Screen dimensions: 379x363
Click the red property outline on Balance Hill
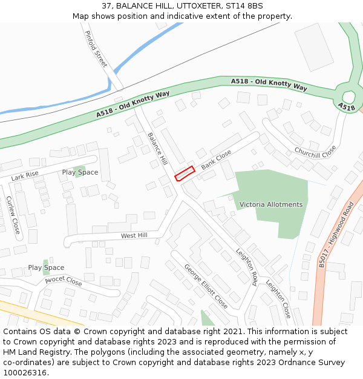pos(184,173)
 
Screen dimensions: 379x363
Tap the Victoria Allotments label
pos(270,204)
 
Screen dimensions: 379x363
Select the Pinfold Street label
pos(96,49)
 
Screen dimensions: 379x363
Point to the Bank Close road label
pos(216,159)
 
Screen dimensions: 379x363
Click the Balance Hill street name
pos(157,149)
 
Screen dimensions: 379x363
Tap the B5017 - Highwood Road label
pos(336,235)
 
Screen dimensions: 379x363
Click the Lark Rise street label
pos(25,176)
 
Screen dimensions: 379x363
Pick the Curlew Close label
pos(13,215)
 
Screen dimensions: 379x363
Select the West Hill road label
pos(134,235)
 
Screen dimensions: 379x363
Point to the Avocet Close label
pos(63,281)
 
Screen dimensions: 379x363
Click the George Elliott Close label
pos(206,286)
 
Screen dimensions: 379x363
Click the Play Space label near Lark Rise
pos(80,173)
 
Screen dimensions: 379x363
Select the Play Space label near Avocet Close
pos(46,267)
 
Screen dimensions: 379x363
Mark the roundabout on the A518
pos(348,96)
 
